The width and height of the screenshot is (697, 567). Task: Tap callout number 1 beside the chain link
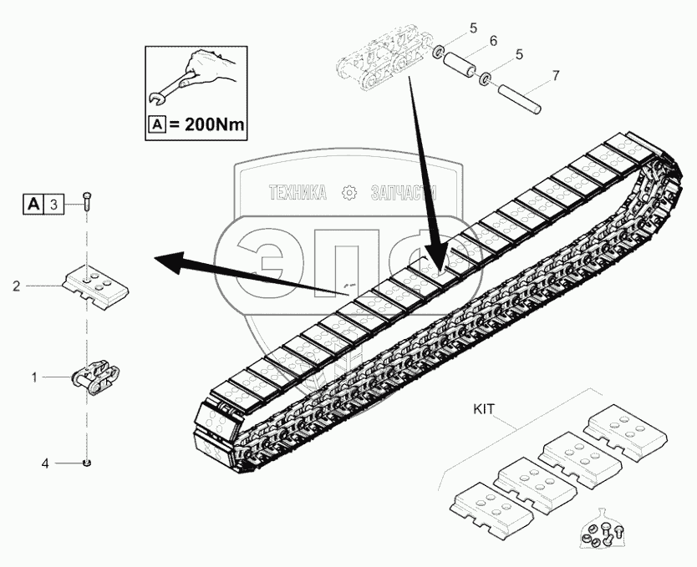tap(34, 377)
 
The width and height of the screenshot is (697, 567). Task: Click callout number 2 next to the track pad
tap(17, 286)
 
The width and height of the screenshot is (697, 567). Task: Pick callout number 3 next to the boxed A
tap(53, 203)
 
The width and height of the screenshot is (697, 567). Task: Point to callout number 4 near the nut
tap(46, 462)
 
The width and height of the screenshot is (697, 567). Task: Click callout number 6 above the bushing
tap(493, 41)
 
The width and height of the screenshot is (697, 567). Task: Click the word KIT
tap(484, 410)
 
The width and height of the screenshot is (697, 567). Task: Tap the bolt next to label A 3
tap(87, 202)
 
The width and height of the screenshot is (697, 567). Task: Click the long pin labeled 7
tap(520, 99)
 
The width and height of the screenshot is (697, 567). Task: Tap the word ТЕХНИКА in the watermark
tap(297, 193)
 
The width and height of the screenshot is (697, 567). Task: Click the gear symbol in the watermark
tap(348, 193)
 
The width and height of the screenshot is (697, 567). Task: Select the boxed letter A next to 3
tap(33, 203)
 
